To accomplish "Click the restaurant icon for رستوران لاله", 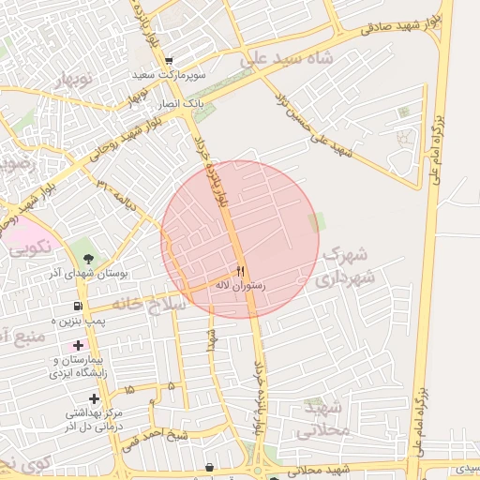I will coord(242,271).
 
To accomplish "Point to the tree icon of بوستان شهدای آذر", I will coord(89,258).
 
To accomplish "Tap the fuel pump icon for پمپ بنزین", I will coord(77,306).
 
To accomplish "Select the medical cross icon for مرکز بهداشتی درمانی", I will coord(95,397).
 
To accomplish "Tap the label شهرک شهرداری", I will coord(346,266).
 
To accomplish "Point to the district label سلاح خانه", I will coord(149,304).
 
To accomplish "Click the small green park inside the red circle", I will coord(316,222).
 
